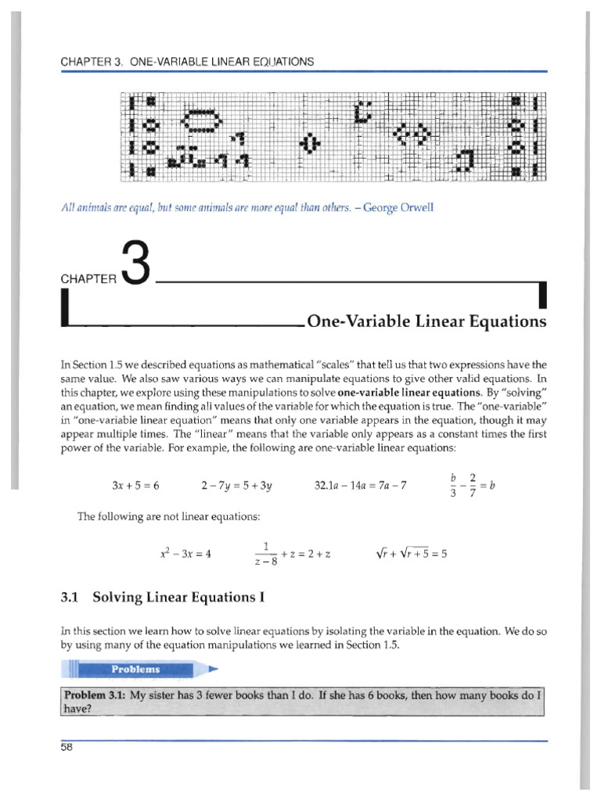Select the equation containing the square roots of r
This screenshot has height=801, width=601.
tap(411, 554)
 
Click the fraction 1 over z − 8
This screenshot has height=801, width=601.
tap(266, 554)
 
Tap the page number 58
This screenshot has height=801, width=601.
tap(66, 748)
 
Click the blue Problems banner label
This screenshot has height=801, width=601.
tap(135, 669)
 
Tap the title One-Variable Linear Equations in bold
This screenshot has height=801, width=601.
tap(426, 321)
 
